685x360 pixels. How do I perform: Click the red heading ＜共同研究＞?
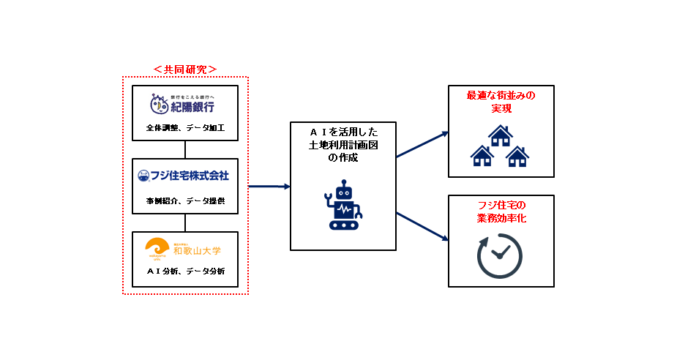coord(184,70)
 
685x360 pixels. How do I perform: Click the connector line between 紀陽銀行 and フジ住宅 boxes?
coord(185,149)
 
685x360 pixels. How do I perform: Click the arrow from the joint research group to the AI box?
coord(269,187)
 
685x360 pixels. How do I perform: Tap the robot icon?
coord(342,208)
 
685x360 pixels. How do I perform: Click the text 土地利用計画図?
coord(343,146)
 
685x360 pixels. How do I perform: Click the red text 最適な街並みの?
coord(501,96)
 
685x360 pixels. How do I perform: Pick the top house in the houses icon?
coord(501,135)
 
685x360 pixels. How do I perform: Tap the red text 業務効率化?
coord(501,218)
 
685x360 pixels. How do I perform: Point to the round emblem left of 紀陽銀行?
coord(159,105)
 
